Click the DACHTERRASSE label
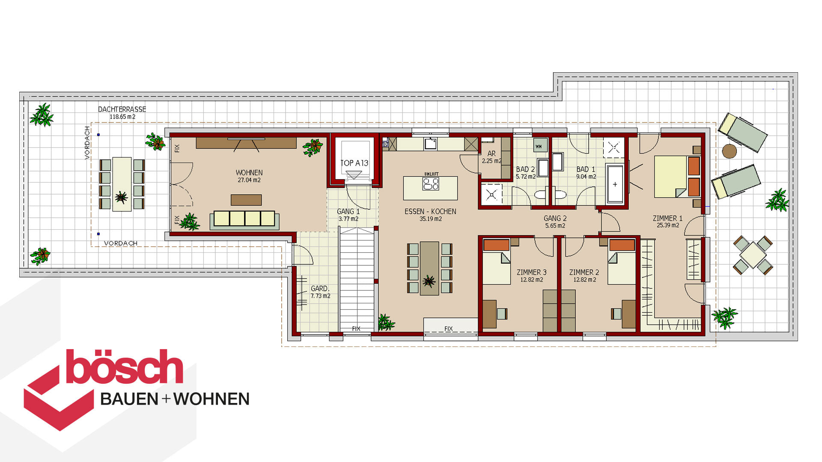[x=122, y=109]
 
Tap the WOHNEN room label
[x=249, y=172]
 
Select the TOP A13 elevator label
[x=354, y=163]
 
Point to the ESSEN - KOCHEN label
[x=430, y=211]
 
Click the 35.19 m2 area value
[x=431, y=219]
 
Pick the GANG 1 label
[x=348, y=211]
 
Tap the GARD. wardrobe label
[x=320, y=288]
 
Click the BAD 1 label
[x=586, y=169]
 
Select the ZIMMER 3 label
[x=531, y=272]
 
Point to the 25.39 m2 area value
[x=668, y=225]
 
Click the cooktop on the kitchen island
[x=431, y=184]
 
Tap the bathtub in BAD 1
[x=615, y=184]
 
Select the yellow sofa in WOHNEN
[x=244, y=219]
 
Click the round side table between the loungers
[x=729, y=151]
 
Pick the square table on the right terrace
[x=753, y=255]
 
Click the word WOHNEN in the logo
[x=211, y=399]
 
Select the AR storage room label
[x=491, y=153]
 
